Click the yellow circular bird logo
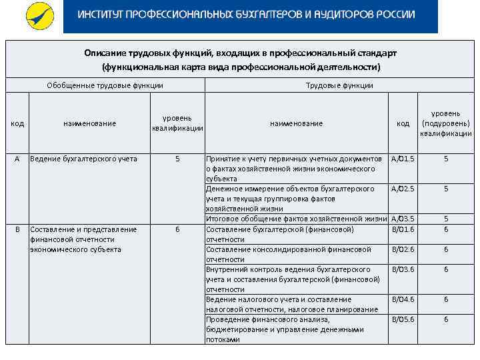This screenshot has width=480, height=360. click(x=39, y=17)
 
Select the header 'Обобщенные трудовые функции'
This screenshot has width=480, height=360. click(x=105, y=85)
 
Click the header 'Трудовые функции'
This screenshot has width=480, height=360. click(x=339, y=85)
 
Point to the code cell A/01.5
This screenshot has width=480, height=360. click(x=403, y=159)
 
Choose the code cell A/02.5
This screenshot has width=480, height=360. click(x=403, y=189)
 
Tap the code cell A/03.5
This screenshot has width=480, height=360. click(x=403, y=219)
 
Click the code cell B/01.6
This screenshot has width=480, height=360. click(x=403, y=229)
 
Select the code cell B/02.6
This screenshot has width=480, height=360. click(x=403, y=249)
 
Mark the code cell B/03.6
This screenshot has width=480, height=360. click(x=403, y=269)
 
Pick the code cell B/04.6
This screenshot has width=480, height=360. click(x=403, y=299)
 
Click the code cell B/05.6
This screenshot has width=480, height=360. click(x=403, y=319)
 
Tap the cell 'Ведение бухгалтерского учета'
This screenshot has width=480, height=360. click(x=83, y=159)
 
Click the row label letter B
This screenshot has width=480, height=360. click(x=17, y=229)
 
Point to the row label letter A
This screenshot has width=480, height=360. click(x=17, y=159)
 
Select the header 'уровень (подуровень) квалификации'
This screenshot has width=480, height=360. click(x=445, y=123)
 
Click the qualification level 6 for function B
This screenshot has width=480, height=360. click(x=177, y=229)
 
